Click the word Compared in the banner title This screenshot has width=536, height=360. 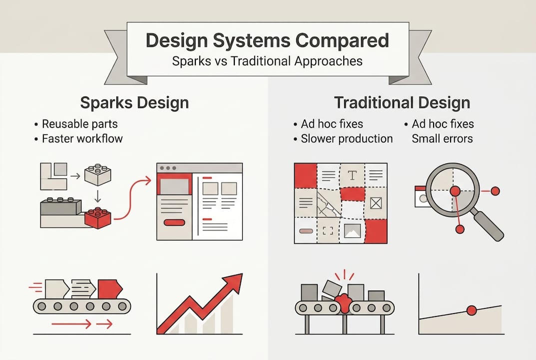click(x=334, y=40)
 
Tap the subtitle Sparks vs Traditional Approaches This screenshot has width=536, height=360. click(x=267, y=61)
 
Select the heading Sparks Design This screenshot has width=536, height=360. click(x=134, y=103)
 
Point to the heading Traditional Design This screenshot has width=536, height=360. click(x=402, y=103)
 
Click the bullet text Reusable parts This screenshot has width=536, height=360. click(x=80, y=123)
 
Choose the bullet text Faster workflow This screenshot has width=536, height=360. click(x=82, y=138)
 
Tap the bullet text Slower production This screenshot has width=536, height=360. click(x=347, y=138)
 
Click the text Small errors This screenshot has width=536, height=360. click(x=442, y=138)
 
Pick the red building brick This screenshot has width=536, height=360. click(x=98, y=217)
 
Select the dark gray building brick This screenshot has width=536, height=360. click(x=60, y=206)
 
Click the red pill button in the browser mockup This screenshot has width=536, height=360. click(x=174, y=222)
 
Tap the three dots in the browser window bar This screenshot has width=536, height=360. click(x=167, y=168)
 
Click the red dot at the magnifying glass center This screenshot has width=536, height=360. click(x=455, y=191)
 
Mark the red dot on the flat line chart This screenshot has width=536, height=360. click(x=471, y=310)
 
